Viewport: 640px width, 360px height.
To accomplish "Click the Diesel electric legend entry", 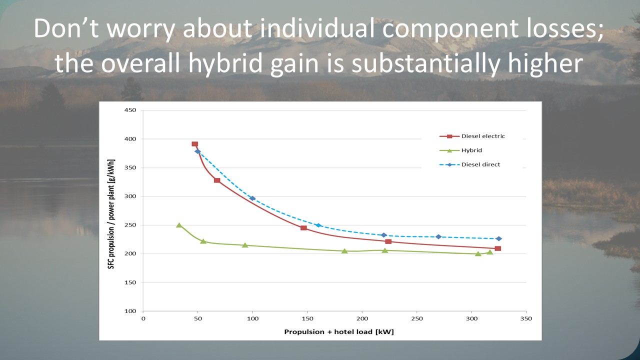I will point(483,136).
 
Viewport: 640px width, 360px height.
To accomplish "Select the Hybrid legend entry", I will point(471,150).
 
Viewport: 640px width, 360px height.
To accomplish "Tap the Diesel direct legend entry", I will point(480,164).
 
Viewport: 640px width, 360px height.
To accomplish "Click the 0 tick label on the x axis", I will point(143,318).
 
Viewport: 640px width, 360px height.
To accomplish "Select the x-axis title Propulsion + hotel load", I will point(339,332).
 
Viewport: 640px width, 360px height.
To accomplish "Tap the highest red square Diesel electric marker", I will point(194,144).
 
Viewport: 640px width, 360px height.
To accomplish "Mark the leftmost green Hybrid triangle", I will point(179,225).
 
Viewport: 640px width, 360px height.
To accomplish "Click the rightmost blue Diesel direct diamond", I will point(498,238).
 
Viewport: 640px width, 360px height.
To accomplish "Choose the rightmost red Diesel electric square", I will point(497,248).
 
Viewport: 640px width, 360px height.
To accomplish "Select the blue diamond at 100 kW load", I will point(252,198).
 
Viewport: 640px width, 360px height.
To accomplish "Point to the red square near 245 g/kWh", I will point(303,228).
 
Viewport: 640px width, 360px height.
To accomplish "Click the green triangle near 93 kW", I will point(245,245).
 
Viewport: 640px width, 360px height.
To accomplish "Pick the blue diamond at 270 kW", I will point(438,236).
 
